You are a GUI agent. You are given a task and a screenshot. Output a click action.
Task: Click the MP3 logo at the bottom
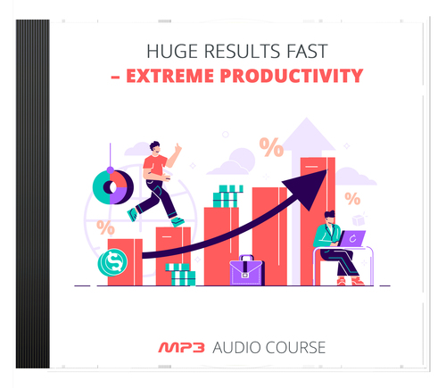point(181,345)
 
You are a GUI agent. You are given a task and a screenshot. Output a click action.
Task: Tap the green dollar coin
point(113,262)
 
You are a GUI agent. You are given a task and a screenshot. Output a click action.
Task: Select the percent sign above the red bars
point(271,145)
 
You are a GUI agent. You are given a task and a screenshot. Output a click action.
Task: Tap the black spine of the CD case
point(32,192)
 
